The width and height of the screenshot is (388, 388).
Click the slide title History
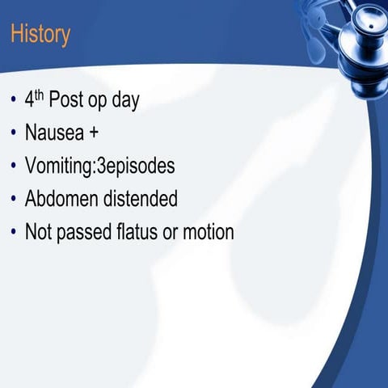(x=40, y=35)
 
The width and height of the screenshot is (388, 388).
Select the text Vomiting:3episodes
(x=99, y=167)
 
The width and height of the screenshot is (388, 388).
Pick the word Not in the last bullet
(x=38, y=232)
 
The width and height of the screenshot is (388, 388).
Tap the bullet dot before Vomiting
(x=13, y=167)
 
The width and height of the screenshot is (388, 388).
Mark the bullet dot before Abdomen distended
(x=13, y=200)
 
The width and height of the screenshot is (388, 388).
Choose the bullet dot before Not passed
(x=13, y=233)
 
